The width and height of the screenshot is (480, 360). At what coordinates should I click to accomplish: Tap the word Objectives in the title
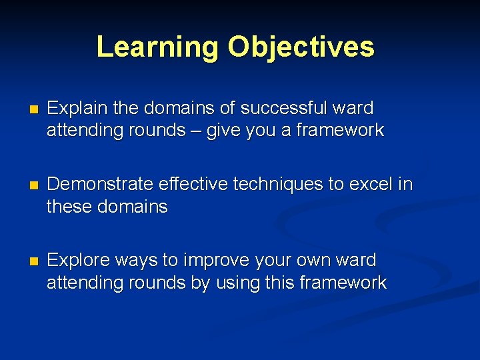point(301,47)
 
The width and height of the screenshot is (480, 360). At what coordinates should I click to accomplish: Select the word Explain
point(74,108)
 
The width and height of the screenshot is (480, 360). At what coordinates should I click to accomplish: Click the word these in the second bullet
point(69,207)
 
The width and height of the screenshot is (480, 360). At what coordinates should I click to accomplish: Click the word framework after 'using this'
point(343,283)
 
